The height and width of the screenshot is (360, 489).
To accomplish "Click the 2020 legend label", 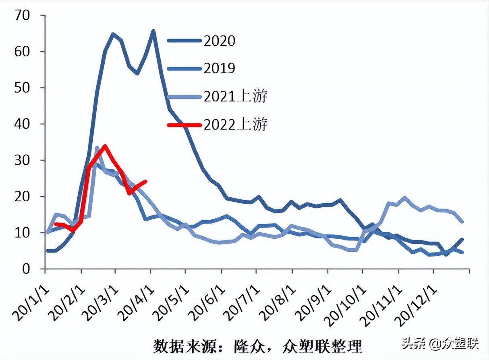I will coord(220,41).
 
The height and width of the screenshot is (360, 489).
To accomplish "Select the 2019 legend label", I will coord(220,68).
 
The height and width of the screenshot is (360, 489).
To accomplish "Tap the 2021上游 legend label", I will coord(236,97).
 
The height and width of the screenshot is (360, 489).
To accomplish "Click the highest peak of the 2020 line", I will coord(153,31).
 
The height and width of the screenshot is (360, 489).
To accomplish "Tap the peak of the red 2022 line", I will coord(105,146).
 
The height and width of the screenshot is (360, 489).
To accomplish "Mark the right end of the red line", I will coord(145,181).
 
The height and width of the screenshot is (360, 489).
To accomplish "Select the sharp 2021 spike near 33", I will coord(97,148).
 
